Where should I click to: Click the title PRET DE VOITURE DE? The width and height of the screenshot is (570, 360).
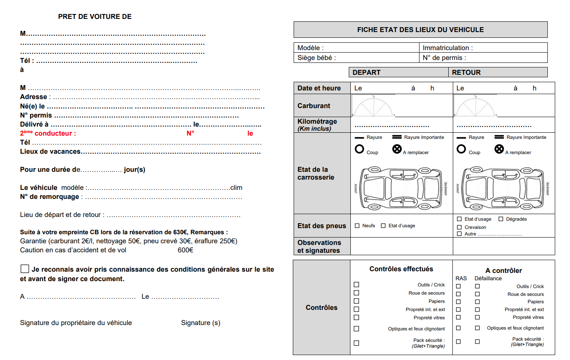(x=95, y=16)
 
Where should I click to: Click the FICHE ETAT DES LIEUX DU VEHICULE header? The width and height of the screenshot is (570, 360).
(x=420, y=30)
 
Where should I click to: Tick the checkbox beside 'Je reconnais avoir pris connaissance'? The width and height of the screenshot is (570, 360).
(x=25, y=269)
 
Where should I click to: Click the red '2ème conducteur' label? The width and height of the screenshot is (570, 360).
(x=48, y=133)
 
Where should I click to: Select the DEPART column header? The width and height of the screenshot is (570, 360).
(x=366, y=72)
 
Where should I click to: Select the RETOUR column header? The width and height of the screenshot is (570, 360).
(x=466, y=72)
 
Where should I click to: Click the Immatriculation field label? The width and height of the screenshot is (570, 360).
(x=447, y=48)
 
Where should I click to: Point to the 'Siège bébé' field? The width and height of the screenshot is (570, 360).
(x=317, y=58)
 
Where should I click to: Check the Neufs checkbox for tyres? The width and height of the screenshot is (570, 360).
(x=357, y=226)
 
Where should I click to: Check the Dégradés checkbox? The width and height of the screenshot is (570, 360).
(x=501, y=219)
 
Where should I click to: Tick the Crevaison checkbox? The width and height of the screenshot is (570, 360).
(x=459, y=227)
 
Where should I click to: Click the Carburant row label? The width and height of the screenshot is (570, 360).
(x=314, y=106)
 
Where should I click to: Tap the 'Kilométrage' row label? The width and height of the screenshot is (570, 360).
(x=317, y=122)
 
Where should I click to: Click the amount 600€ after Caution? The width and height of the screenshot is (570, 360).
(x=185, y=250)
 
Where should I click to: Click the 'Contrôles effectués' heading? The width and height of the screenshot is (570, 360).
(x=401, y=269)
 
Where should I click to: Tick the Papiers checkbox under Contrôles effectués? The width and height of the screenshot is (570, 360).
(x=356, y=301)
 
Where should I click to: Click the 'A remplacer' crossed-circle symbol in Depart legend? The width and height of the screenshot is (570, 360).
(x=397, y=149)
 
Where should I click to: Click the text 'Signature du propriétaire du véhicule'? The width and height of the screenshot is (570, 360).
(x=76, y=323)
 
